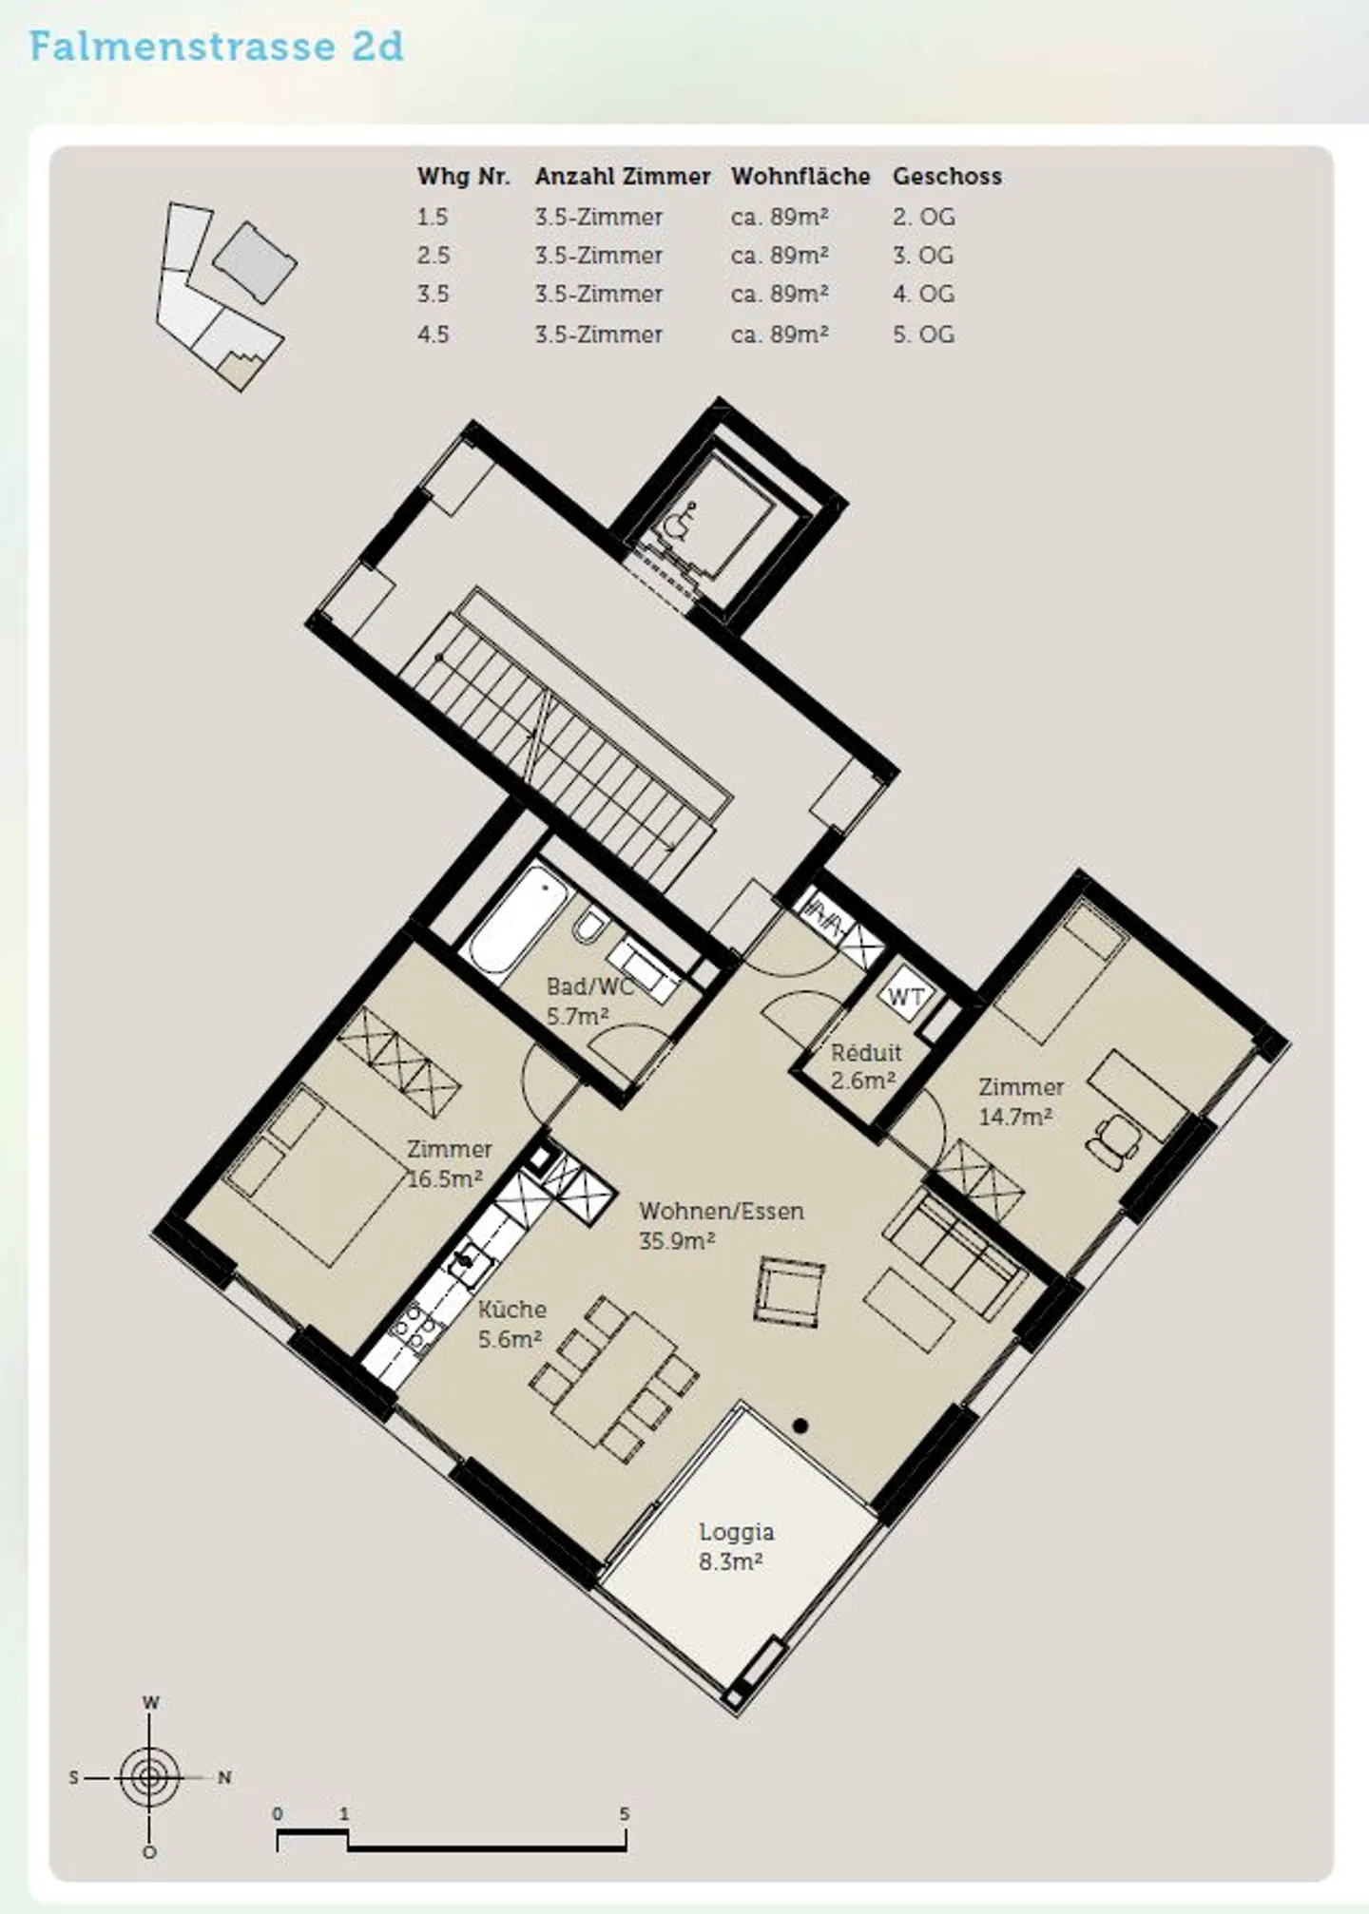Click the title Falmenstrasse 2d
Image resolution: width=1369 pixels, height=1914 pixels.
pos(217,47)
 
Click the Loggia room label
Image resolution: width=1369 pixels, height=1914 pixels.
pos(736,1532)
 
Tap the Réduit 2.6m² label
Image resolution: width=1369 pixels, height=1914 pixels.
pos(865,1065)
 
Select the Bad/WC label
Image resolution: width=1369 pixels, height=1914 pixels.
pos(589,986)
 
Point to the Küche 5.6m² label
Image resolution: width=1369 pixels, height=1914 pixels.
pos(511,1324)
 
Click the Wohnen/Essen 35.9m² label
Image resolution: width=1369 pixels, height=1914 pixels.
pos(722,1225)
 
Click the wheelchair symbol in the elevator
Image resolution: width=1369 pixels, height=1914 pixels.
pos(678,522)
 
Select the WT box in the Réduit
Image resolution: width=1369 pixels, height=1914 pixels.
pos(906,995)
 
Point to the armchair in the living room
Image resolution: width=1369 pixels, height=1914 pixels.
pos(789,1291)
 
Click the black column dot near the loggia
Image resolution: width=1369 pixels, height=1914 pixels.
pos(800,1426)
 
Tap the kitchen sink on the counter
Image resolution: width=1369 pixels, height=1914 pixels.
pos(469,1267)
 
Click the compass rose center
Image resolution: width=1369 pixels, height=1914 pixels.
pos(149,1776)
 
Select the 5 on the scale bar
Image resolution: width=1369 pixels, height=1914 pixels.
pos(625,1813)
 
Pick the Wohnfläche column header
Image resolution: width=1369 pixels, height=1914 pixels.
pos(800,177)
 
